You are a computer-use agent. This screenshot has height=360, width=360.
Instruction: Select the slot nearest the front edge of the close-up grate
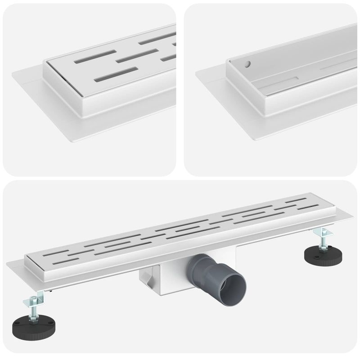click(x=116, y=74)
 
